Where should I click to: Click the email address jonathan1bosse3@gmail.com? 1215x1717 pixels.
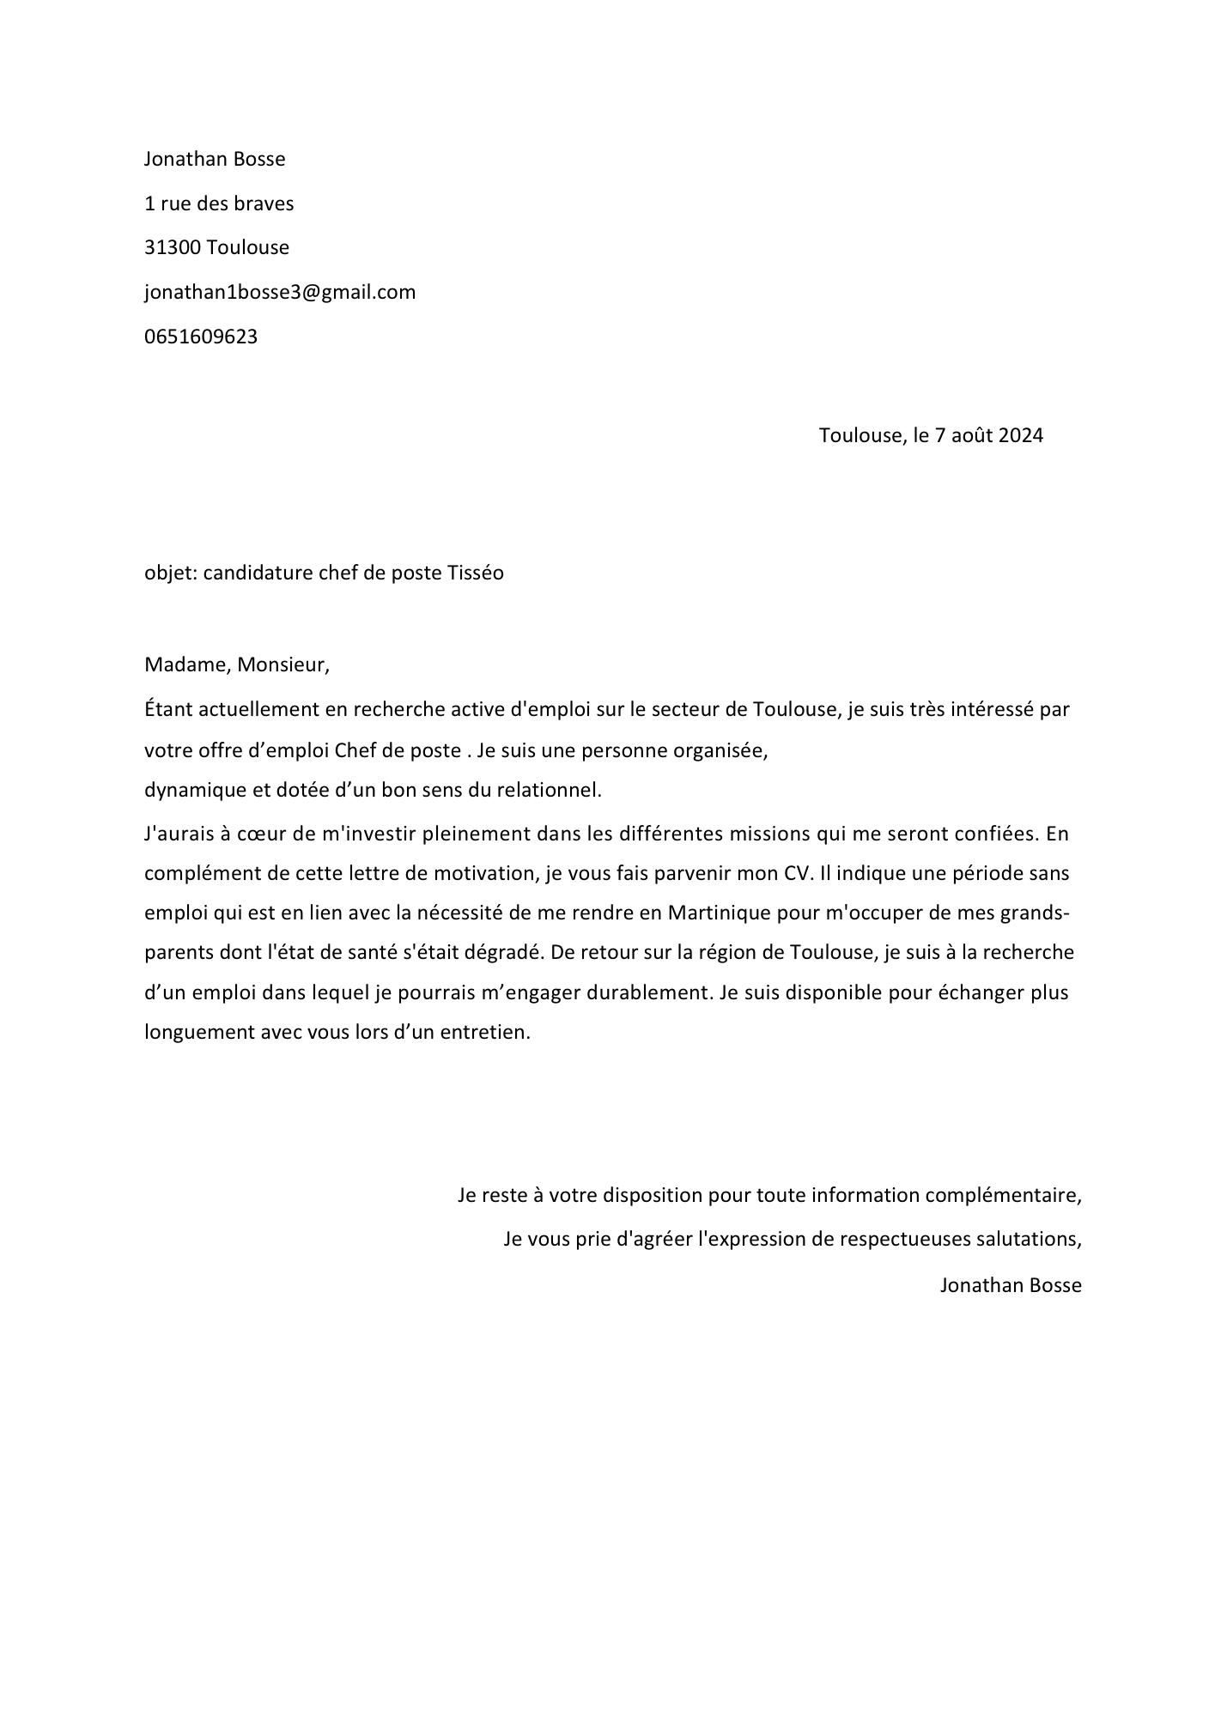(x=280, y=293)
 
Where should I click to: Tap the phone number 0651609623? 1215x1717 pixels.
(x=201, y=337)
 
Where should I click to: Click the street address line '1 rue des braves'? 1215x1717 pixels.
(x=219, y=204)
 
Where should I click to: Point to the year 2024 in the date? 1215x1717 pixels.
(x=1020, y=435)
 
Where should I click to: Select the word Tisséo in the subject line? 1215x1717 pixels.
(x=476, y=573)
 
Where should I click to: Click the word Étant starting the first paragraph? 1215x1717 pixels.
(x=168, y=710)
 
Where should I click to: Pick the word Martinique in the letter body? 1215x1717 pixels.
(x=718, y=913)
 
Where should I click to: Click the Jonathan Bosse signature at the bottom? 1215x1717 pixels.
(x=1010, y=1285)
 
